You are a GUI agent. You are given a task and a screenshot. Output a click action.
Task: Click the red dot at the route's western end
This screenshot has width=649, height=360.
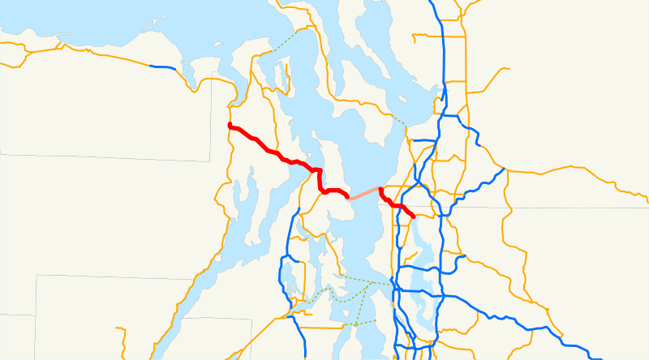(x=231, y=126)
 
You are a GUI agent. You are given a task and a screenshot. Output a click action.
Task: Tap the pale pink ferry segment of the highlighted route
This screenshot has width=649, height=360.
(x=364, y=193)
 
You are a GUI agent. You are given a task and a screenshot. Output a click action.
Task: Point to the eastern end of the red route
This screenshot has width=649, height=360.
(x=414, y=216)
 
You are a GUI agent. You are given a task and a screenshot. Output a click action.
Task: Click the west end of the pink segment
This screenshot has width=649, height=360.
(x=349, y=197)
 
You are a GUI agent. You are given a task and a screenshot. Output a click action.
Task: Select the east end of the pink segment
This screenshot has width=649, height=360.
(x=380, y=189)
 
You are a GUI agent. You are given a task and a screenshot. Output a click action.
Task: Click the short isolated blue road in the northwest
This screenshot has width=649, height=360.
(x=162, y=68)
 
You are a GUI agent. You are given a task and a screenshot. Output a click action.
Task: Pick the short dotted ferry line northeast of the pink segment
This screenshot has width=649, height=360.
(x=398, y=122)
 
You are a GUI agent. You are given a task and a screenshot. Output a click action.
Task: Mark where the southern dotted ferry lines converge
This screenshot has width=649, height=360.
(x=375, y=283)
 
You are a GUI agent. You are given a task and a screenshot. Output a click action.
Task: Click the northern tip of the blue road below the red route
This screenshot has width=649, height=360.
(x=299, y=209)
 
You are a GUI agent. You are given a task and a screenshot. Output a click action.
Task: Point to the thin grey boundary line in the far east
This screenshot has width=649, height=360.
(x=568, y=208)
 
